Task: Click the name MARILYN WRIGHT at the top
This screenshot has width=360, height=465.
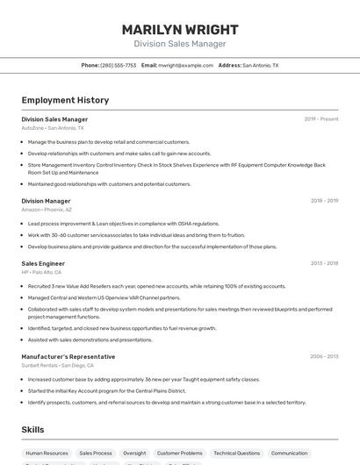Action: click(179, 29)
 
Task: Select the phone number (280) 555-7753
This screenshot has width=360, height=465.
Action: click(119, 65)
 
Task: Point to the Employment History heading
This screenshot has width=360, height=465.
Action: click(65, 100)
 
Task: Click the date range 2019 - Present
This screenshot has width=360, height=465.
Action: click(320, 119)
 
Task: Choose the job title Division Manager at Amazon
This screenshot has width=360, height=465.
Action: click(46, 201)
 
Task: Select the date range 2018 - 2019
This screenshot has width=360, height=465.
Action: click(324, 201)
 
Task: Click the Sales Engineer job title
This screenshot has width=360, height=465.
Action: click(43, 263)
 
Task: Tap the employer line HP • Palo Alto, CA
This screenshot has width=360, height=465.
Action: click(41, 272)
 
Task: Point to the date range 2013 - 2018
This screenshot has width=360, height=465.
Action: click(324, 263)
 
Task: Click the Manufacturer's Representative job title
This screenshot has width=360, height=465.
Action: click(68, 357)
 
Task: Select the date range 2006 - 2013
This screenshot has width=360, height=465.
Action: click(324, 357)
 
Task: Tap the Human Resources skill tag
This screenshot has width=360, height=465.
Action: click(48, 454)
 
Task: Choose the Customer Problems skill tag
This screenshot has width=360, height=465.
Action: click(180, 454)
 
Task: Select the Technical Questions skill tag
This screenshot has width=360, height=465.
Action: click(236, 454)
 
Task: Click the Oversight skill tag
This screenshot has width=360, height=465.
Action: click(134, 454)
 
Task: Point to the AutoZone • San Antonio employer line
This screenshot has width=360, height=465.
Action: click(53, 128)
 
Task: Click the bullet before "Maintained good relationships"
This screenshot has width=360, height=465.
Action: click(23, 184)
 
